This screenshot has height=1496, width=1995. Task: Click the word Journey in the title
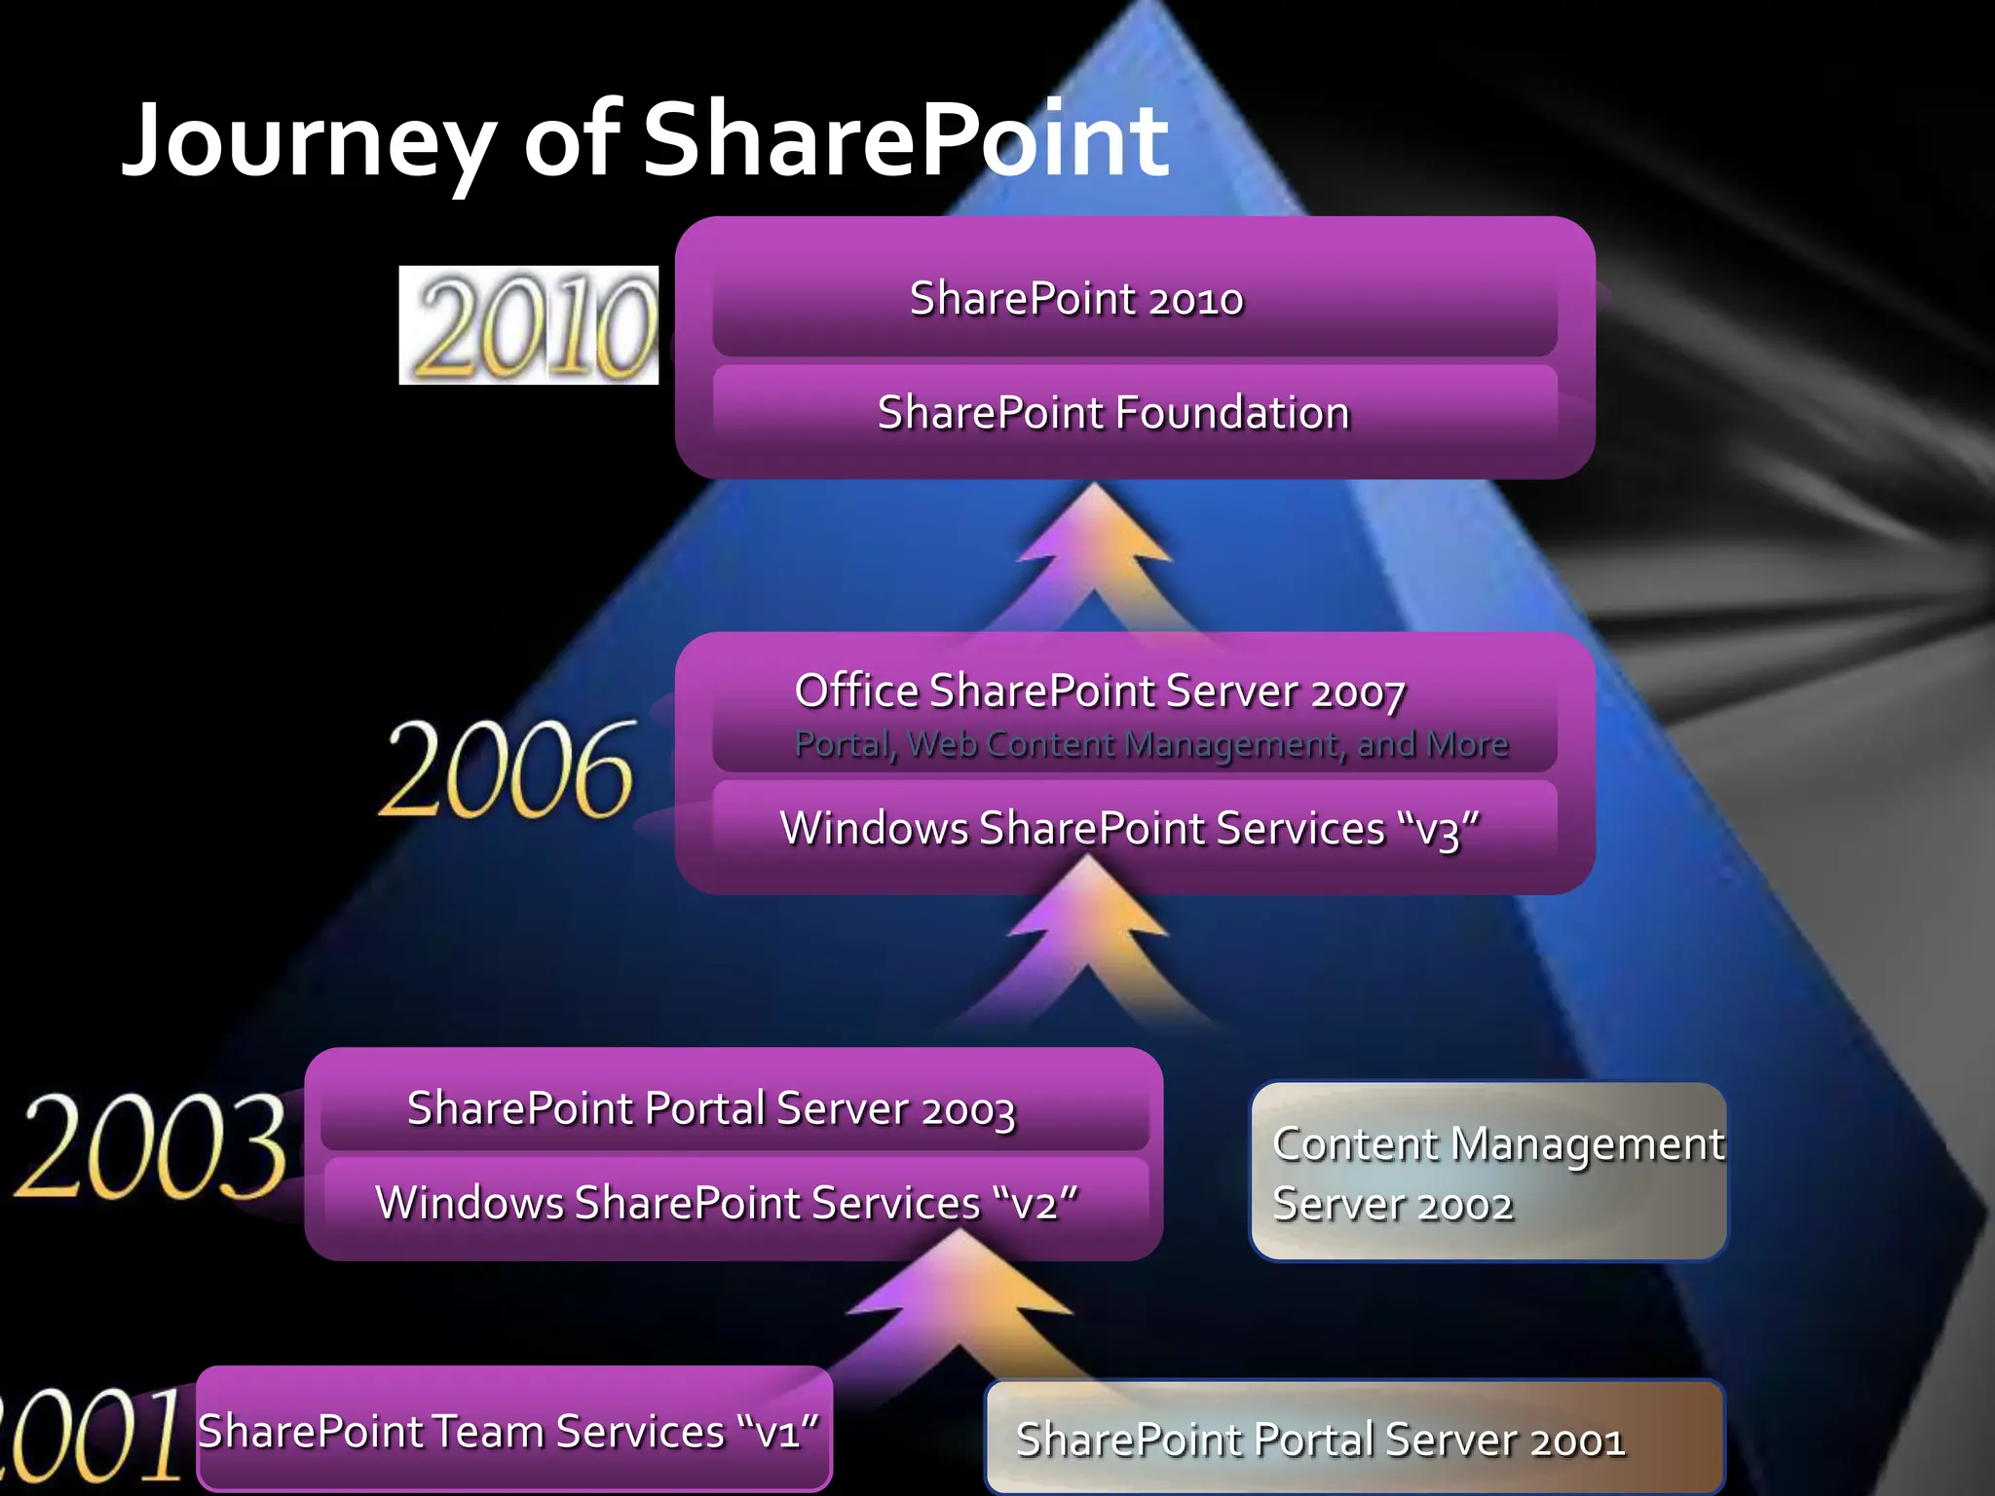pyautogui.click(x=308, y=144)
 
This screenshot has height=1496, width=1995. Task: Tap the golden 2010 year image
pyautogui.click(x=529, y=325)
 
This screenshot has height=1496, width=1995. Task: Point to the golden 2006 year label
pyautogui.click(x=508, y=770)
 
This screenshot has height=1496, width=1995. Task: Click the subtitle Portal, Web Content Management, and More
pyautogui.click(x=1150, y=745)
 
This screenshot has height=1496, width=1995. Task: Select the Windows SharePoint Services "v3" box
pyautogui.click(x=1130, y=830)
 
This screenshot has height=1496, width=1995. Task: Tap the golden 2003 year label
pyautogui.click(x=152, y=1146)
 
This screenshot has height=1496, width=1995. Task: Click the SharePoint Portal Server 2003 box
pyautogui.click(x=711, y=1109)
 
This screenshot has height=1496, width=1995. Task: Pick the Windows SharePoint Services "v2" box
pyautogui.click(x=727, y=1204)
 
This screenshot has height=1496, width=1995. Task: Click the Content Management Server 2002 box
pyautogui.click(x=1488, y=1174)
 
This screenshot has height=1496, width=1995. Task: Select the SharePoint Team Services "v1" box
pyautogui.click(x=508, y=1432)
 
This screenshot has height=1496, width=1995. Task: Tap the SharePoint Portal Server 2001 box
pyautogui.click(x=1354, y=1440)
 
